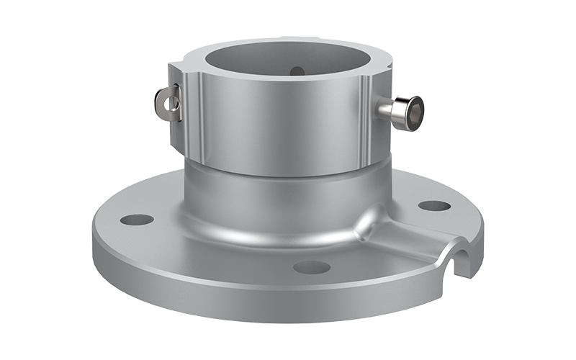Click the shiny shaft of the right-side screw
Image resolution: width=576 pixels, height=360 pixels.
click(x=388, y=109)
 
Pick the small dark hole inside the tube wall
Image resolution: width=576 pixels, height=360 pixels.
click(x=297, y=71)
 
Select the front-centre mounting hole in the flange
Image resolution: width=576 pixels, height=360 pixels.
click(x=311, y=266)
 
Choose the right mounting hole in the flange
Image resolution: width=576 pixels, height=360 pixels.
click(x=434, y=205)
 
